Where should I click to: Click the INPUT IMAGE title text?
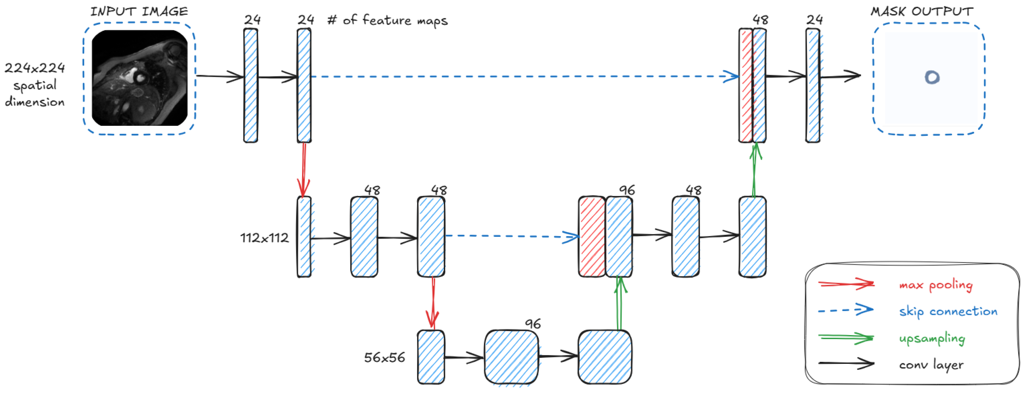click(x=139, y=11)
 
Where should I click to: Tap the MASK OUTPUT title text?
click(x=921, y=11)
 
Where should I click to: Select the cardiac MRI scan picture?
click(x=139, y=78)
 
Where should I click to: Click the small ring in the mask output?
click(x=932, y=77)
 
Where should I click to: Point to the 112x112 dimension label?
click(x=264, y=238)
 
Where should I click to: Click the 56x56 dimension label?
click(x=384, y=357)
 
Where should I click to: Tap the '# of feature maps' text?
click(x=387, y=20)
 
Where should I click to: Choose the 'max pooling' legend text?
click(x=936, y=285)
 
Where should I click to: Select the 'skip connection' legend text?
click(x=948, y=311)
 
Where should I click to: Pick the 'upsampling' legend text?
click(x=932, y=338)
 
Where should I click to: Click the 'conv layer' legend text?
click(x=931, y=365)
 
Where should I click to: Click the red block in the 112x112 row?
click(x=592, y=236)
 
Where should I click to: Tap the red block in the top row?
click(x=745, y=85)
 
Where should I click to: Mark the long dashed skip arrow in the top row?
click(x=519, y=76)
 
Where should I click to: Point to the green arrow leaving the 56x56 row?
click(x=619, y=304)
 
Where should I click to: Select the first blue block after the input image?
click(x=251, y=85)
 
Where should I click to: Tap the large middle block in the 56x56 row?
click(x=511, y=357)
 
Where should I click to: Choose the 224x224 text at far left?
click(x=35, y=68)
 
